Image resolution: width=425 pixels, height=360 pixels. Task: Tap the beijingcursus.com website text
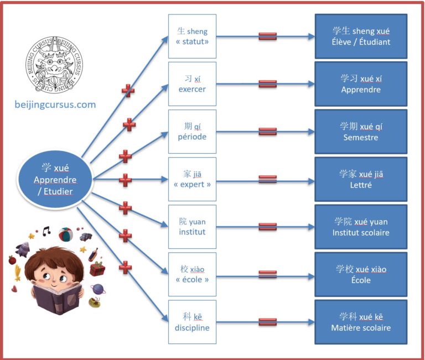[x=55, y=105]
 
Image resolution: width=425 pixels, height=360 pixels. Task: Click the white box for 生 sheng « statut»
[x=192, y=36]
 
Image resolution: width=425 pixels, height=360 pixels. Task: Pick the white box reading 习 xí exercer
[x=192, y=84]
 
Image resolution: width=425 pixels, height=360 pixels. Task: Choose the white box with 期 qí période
[x=192, y=132]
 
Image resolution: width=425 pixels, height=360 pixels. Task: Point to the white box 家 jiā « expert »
[x=192, y=179]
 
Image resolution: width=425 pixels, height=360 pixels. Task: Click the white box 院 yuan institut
[x=192, y=227]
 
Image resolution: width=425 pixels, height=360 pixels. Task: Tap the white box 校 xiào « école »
[x=192, y=274]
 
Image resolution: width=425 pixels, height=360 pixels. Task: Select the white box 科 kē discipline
[x=192, y=322]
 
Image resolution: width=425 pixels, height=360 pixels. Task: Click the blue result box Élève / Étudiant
[x=361, y=36]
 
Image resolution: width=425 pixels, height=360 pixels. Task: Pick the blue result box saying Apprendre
[x=361, y=84]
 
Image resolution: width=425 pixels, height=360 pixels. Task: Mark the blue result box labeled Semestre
[x=361, y=132]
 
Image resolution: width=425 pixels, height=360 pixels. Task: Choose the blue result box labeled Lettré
[x=361, y=179]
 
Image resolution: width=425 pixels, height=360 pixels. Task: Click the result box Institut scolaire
[x=361, y=227]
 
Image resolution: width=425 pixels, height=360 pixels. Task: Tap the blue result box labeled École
[x=361, y=274]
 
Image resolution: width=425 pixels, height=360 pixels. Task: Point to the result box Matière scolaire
[x=361, y=322]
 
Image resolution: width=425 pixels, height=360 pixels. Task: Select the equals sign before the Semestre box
[x=268, y=132]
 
